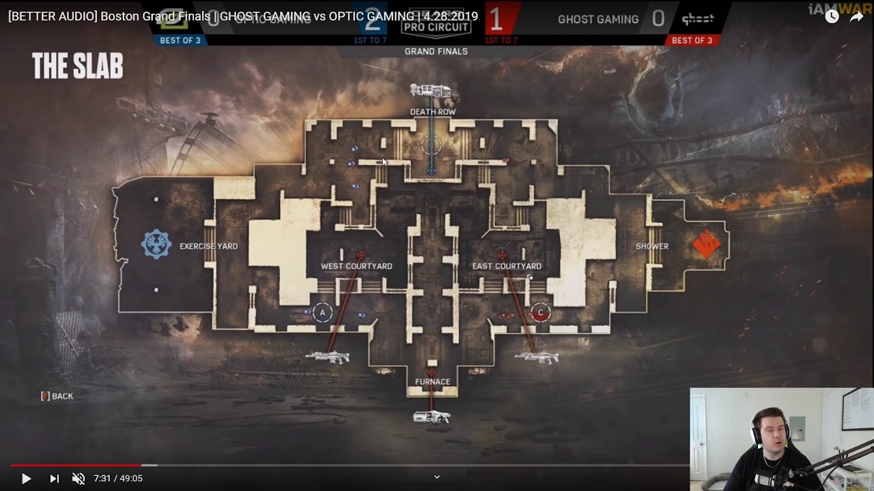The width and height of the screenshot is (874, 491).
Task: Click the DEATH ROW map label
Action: coord(432,112)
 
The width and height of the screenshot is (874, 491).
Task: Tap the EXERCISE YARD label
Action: coord(208,246)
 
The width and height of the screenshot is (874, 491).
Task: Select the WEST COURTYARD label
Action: coord(356,266)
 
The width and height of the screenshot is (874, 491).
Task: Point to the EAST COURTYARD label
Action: coord(507,266)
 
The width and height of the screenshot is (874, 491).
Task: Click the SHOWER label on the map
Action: coord(652,246)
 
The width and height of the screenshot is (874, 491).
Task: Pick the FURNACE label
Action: coord(432,382)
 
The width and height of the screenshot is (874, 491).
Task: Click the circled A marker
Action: coord(322,313)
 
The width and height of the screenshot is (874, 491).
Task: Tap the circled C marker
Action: coord(540,313)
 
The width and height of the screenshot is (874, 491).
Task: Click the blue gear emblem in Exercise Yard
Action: coord(156,244)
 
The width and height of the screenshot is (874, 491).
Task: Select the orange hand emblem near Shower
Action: coord(707,244)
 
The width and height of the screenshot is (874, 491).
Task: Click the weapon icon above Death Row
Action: coord(430,91)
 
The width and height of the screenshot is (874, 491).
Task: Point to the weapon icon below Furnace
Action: coord(432,417)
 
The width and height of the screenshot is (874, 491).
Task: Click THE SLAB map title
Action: coord(77,67)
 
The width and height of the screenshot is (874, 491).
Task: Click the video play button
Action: coord(26,479)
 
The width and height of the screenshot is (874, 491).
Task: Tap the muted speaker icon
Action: coord(79,479)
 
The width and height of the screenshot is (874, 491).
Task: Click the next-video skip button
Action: coord(54,479)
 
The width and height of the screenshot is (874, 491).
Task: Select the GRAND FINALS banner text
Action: coord(436,51)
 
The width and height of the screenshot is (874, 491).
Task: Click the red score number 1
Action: coord(496,20)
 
